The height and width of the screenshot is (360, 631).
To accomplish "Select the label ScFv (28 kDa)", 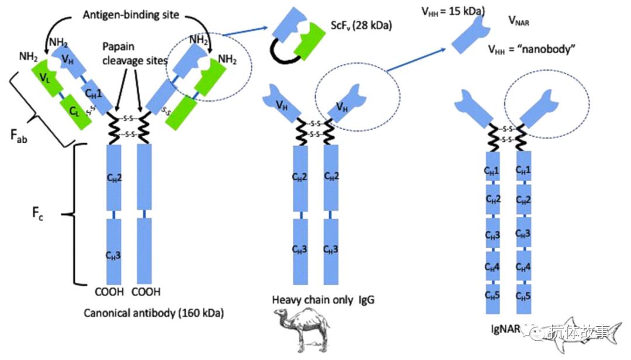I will pyautogui.click(x=357, y=26).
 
